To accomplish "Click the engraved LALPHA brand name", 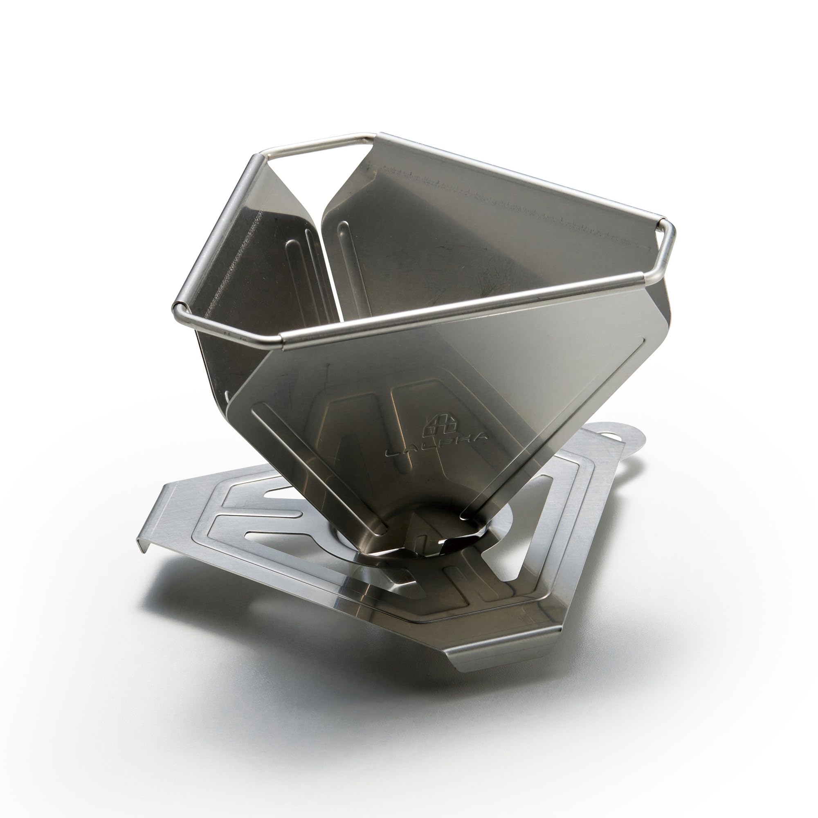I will (436, 447).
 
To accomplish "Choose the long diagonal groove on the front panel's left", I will (322, 466).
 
